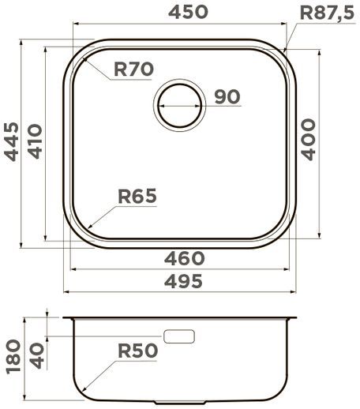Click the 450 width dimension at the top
[x=186, y=12]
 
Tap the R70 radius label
[x=133, y=69]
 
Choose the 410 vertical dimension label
[x=34, y=141]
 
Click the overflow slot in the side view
[x=178, y=336]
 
